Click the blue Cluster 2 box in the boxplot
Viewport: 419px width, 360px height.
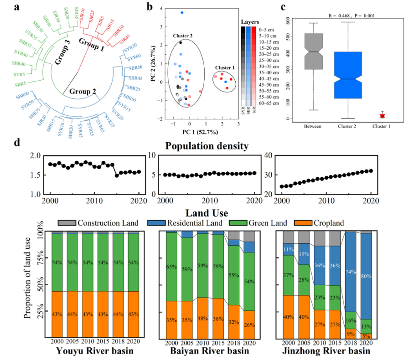pyautogui.click(x=348, y=75)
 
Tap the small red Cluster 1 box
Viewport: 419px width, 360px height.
pyautogui.click(x=383, y=116)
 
